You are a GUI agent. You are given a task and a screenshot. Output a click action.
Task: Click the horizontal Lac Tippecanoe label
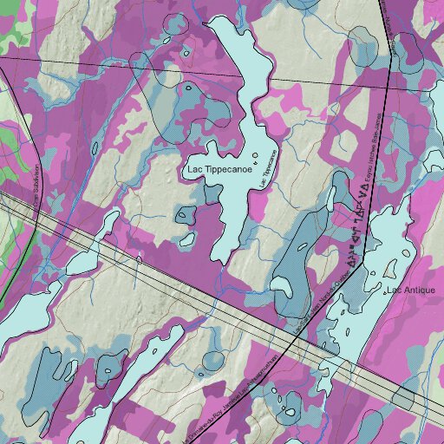tap(220, 170)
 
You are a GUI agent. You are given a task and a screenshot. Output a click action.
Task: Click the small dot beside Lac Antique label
tap(386, 292)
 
